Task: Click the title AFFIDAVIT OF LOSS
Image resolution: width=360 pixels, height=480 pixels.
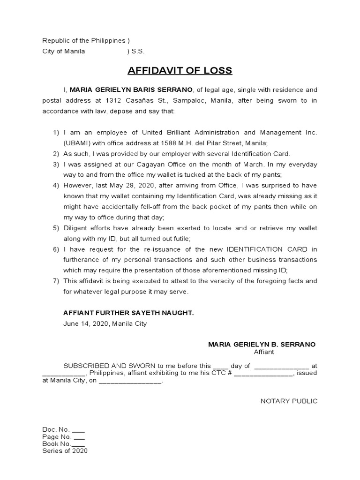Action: [180, 71]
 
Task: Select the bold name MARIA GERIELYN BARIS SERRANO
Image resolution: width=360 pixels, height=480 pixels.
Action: [131, 90]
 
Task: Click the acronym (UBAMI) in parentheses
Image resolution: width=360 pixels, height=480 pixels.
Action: [77, 143]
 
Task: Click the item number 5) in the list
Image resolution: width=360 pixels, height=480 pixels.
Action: [56, 228]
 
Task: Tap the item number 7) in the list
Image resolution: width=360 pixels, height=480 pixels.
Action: [56, 281]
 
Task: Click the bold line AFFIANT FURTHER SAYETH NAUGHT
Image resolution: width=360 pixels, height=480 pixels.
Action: [128, 312]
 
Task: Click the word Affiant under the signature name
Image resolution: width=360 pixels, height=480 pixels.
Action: [264, 352]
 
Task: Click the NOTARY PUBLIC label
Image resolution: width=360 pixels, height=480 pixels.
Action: [289, 401]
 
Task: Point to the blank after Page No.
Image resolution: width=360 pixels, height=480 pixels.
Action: [78, 436]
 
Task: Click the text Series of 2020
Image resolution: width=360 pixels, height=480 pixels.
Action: [65, 451]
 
